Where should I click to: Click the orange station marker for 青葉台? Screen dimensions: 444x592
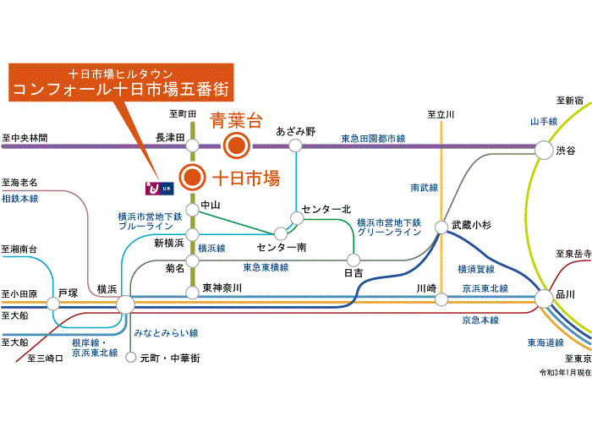[x=236, y=145]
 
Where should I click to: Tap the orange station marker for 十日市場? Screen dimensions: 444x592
[x=193, y=178]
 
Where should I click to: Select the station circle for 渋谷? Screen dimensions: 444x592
[x=542, y=150]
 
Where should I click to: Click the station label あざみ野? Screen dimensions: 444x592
[x=296, y=132]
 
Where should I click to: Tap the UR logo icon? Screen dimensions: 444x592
[x=156, y=185]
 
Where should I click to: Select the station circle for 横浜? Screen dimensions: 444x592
[x=125, y=303]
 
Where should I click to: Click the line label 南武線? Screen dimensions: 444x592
[x=424, y=187]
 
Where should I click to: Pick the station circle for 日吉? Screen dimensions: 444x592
[x=354, y=260]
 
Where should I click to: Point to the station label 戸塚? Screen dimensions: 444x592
[x=68, y=292]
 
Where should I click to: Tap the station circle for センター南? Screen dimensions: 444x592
[x=280, y=233]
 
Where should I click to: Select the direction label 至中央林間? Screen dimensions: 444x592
[x=25, y=138]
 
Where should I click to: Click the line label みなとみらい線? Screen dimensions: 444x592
[x=170, y=333]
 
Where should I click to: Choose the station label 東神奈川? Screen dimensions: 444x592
[x=222, y=288]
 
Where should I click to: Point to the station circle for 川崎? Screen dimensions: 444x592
[x=440, y=299]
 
